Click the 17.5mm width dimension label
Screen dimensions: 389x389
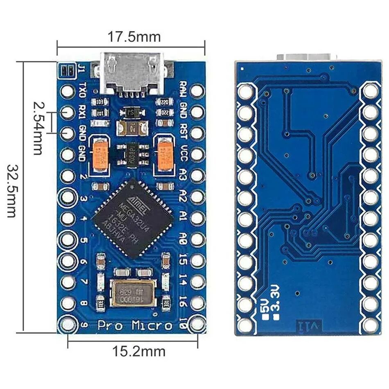(x=134, y=37)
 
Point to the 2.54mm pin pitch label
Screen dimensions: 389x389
(x=38, y=128)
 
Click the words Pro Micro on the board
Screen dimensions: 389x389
(x=135, y=326)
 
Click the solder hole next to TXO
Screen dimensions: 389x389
(x=68, y=90)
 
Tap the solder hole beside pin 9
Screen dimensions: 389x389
(x=68, y=324)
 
